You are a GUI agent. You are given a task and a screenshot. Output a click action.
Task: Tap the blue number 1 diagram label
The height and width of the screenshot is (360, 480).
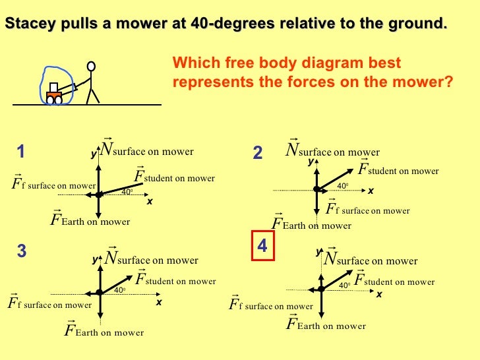[x=21, y=152]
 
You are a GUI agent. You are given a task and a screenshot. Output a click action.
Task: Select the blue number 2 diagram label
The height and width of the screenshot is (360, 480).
[x=258, y=153]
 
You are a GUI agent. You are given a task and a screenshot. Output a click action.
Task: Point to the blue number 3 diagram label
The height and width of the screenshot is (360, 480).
[x=22, y=251]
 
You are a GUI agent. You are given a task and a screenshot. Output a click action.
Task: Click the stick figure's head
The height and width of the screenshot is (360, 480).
[x=91, y=66]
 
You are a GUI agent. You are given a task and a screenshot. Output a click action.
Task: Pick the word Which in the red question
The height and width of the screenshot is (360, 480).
[x=191, y=63]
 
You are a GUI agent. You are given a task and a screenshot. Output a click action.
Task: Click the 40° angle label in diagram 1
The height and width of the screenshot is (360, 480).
[x=127, y=192]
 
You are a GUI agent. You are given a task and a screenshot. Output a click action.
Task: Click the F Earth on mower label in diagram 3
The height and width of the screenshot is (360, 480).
[x=104, y=330]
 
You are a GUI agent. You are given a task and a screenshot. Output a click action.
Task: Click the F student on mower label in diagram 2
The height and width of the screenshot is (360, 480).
[x=398, y=169]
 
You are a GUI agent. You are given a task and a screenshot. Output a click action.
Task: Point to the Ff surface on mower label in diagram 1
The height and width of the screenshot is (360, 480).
[x=54, y=185]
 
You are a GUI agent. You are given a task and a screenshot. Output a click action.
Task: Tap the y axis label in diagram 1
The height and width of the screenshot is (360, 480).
[x=93, y=154]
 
